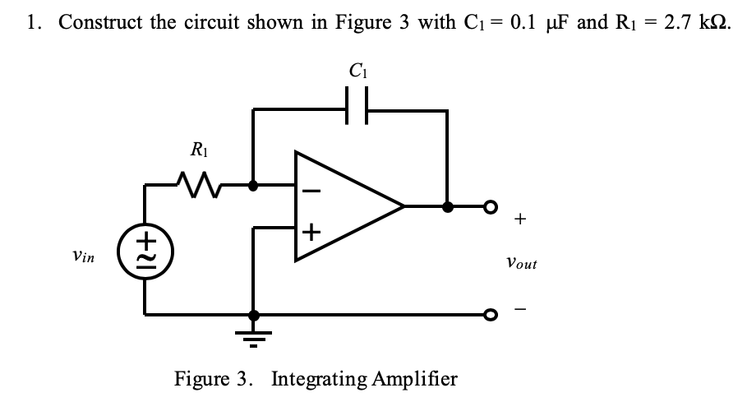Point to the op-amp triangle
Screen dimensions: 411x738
tap(345, 206)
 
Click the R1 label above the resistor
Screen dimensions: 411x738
tap(198, 149)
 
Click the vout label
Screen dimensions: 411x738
tap(522, 263)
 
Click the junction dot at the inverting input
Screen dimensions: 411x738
tap(254, 186)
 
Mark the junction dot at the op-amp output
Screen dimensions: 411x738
tap(447, 206)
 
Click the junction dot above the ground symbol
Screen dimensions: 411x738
tap(254, 314)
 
